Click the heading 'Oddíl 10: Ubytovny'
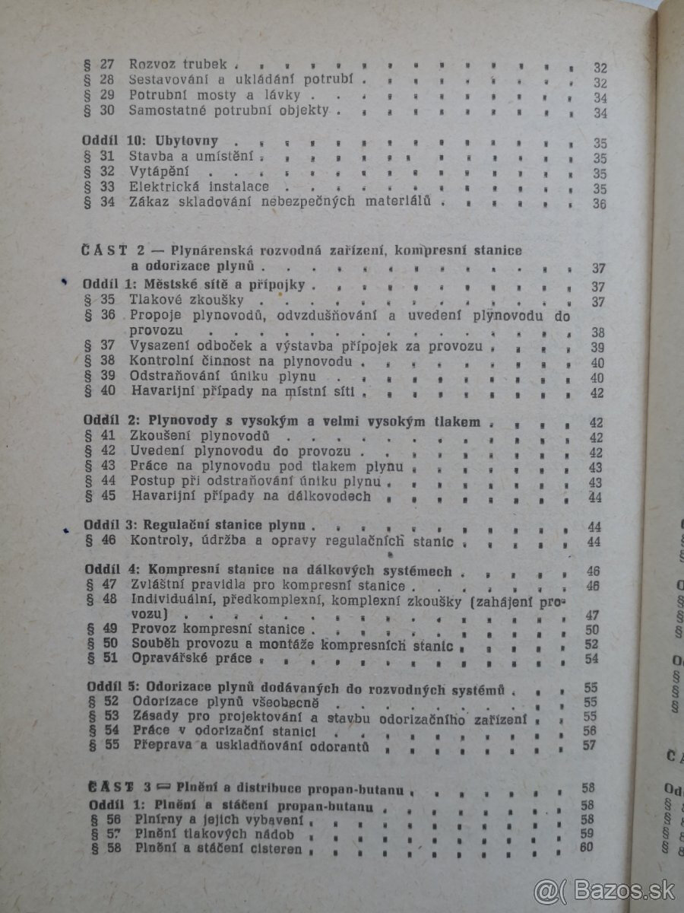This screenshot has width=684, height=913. point(152,142)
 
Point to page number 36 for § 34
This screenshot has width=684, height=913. point(599,205)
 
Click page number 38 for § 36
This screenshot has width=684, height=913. point(598,333)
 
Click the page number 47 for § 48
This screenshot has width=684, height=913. point(592,615)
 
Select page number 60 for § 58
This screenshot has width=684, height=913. point(586,848)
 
